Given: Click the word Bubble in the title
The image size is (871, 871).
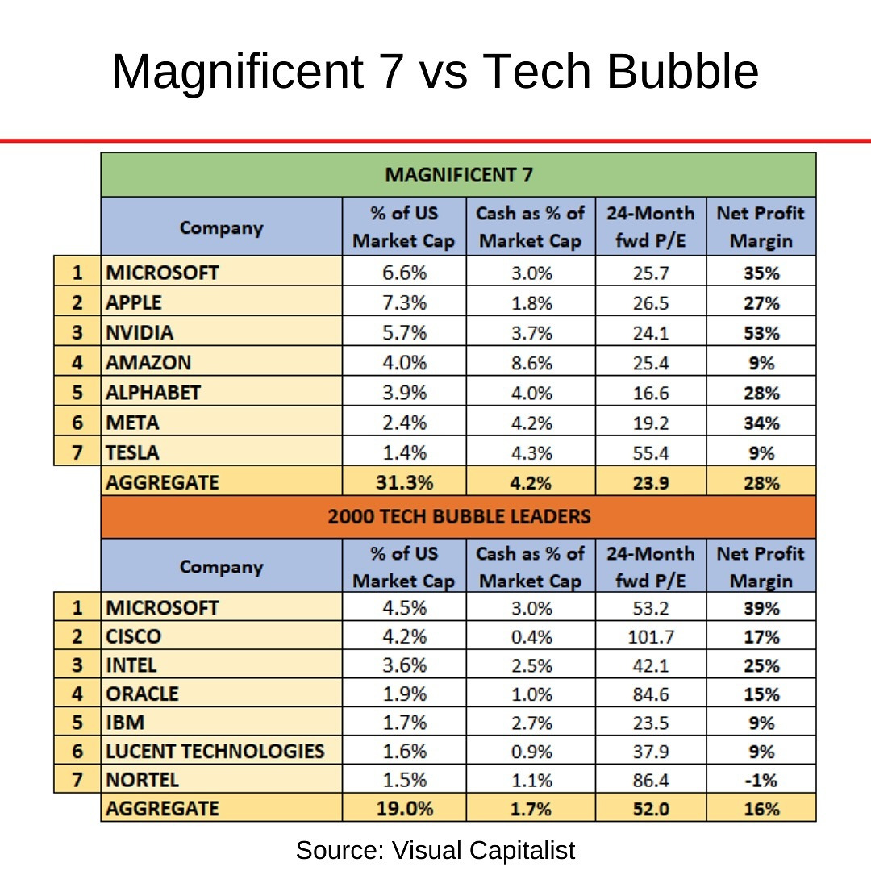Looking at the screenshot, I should click(x=682, y=73).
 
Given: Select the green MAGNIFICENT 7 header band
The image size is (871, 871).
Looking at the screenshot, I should click(x=458, y=174).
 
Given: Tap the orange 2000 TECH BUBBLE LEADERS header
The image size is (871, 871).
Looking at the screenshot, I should click(x=458, y=516).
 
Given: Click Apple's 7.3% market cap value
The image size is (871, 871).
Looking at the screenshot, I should click(x=404, y=302).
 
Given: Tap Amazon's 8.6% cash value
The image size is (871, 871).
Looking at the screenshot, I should click(x=530, y=363).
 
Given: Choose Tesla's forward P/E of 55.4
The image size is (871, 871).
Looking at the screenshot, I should click(x=651, y=452).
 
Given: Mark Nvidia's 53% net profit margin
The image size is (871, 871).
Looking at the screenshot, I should click(x=761, y=332).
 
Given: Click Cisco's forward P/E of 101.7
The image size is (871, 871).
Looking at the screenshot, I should click(x=651, y=636).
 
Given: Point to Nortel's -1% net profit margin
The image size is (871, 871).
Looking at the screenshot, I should click(x=761, y=781).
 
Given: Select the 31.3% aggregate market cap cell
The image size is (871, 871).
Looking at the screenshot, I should click(x=404, y=482).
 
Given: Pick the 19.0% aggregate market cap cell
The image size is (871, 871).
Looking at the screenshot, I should click(x=404, y=808).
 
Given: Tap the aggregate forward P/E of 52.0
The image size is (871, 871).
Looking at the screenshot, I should click(x=651, y=808).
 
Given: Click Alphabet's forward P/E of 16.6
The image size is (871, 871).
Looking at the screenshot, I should click(x=651, y=393).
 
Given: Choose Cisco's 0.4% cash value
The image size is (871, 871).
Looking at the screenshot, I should click(x=530, y=636).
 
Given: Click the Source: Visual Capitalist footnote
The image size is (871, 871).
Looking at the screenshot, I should click(x=435, y=850).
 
